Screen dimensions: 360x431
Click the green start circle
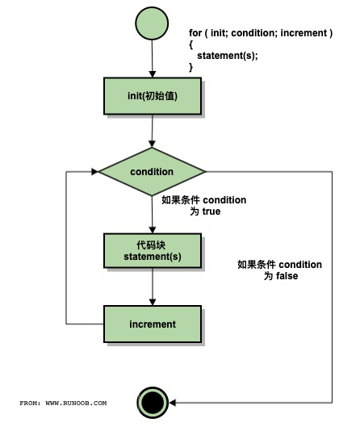152,23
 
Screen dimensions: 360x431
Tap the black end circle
153,403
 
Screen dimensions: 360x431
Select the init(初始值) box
153,96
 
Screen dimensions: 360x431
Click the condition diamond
152,172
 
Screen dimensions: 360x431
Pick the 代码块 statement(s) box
153,251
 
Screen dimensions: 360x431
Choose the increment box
153,324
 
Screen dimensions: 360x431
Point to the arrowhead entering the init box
153,74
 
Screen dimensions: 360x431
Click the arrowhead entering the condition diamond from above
152,144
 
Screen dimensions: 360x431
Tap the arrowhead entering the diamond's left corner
94,172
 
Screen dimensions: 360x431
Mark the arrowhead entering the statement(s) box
153,230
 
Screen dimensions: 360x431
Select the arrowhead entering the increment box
153,302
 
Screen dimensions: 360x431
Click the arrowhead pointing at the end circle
172,403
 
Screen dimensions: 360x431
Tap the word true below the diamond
211,211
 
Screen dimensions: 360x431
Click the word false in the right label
287,276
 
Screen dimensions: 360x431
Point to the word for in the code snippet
195,33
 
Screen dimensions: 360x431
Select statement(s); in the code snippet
228,56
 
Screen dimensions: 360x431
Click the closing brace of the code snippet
190,67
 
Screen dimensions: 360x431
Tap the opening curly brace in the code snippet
190,44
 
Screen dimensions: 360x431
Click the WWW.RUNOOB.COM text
76,403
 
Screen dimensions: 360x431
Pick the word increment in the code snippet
303,33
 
